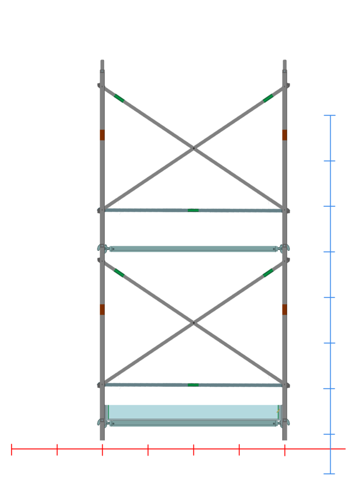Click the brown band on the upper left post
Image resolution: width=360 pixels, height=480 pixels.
point(102,135)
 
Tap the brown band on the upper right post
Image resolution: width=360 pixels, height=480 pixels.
point(285,135)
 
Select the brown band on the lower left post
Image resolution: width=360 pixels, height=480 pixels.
point(102,310)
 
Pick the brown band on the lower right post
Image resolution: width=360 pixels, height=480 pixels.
point(285,310)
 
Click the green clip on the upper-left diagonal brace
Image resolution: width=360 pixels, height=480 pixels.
point(119,98)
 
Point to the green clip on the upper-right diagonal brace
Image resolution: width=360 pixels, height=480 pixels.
point(268,98)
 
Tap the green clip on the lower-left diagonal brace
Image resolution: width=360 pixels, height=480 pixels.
point(119,273)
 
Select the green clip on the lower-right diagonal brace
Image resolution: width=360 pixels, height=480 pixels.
point(268,273)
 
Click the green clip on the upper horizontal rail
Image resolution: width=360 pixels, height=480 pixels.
point(193,210)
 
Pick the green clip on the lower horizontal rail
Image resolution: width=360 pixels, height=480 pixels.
point(193,385)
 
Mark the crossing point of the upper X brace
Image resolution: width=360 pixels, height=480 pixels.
point(193,148)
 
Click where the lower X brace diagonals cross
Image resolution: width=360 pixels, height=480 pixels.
point(193,323)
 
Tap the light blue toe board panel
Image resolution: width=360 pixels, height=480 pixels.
point(193,412)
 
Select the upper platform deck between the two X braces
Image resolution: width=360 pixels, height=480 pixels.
point(193,249)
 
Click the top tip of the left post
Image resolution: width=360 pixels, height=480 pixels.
point(102,61)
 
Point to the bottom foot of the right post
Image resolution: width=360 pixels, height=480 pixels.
point(285,438)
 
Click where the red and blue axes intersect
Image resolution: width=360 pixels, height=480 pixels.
point(330,449)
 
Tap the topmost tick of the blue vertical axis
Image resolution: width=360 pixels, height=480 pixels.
point(330,116)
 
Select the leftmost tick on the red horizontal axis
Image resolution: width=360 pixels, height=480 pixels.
point(12,449)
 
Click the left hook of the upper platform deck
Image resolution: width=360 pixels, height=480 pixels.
point(102,248)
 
